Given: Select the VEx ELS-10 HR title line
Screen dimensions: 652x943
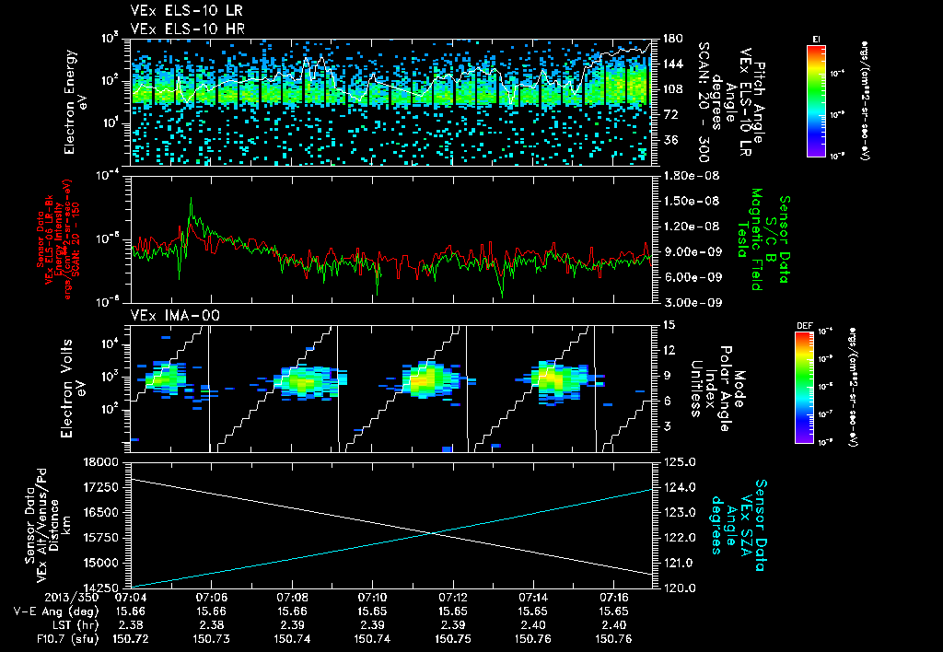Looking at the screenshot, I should (x=174, y=29).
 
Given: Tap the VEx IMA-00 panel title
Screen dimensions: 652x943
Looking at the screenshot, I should (x=166, y=316).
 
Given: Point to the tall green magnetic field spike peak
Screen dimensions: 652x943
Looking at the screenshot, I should (x=191, y=198).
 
